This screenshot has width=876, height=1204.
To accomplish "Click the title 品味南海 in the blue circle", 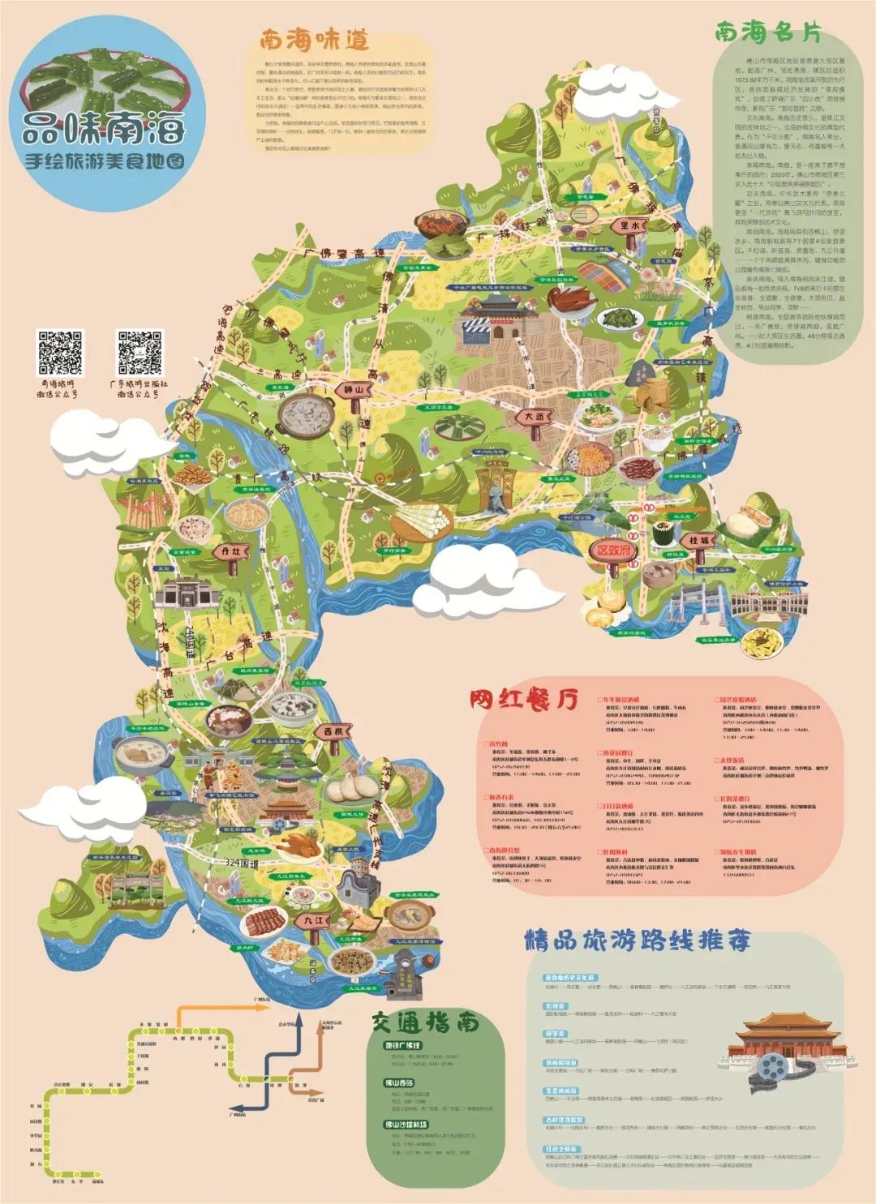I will [103, 128].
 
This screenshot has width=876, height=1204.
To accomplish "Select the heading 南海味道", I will [314, 39].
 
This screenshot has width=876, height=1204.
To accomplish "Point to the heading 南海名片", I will [767, 32].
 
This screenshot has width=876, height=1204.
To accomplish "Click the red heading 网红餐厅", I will [524, 698].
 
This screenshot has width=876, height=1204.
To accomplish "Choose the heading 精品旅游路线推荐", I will [637, 940].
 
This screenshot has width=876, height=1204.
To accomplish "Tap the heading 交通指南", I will [426, 1022].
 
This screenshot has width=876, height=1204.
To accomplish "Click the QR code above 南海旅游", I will [59, 353].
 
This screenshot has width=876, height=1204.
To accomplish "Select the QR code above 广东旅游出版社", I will [140, 353].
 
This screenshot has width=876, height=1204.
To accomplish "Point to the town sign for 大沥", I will [535, 417].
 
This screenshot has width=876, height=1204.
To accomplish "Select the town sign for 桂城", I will [698, 540].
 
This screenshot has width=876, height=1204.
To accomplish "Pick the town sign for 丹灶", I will [230, 551].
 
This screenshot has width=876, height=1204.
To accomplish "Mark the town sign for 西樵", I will [334, 731].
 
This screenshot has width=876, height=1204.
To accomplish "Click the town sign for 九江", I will [313, 921].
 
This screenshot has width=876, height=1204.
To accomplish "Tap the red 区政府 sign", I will [613, 551].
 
